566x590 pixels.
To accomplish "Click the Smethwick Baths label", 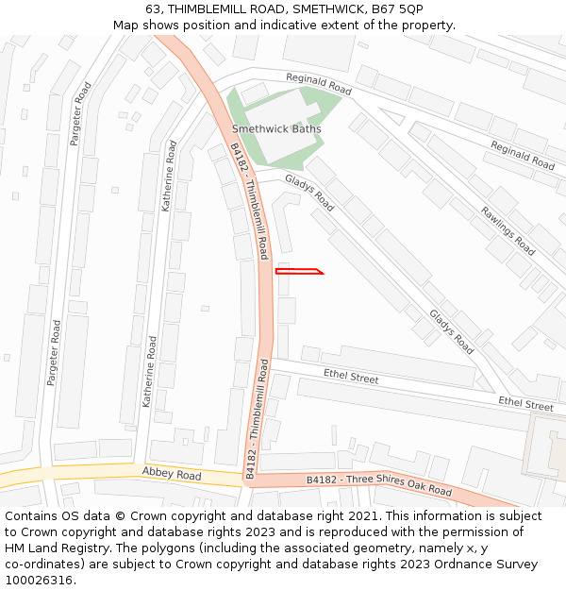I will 276,128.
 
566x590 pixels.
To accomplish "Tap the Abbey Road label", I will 172,473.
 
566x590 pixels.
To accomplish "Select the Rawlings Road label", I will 508,231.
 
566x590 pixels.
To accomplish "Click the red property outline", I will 299,272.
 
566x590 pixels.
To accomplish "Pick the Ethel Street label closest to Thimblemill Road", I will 351,377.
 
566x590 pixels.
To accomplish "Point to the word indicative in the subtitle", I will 296,25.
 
